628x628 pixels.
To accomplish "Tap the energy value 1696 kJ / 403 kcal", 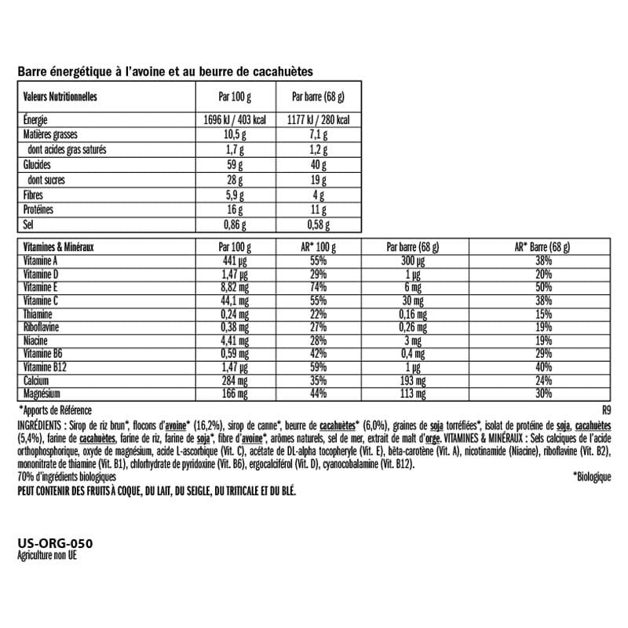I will click(235, 121).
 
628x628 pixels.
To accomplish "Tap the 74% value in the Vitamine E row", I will click(318, 288).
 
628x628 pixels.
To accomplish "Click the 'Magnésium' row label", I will click(42, 392).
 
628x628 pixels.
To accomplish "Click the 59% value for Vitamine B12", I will click(318, 367).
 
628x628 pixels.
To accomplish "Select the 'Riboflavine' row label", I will click(42, 327).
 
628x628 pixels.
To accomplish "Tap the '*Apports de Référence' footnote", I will click(55, 410).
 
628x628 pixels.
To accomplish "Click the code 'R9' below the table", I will click(605, 410).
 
